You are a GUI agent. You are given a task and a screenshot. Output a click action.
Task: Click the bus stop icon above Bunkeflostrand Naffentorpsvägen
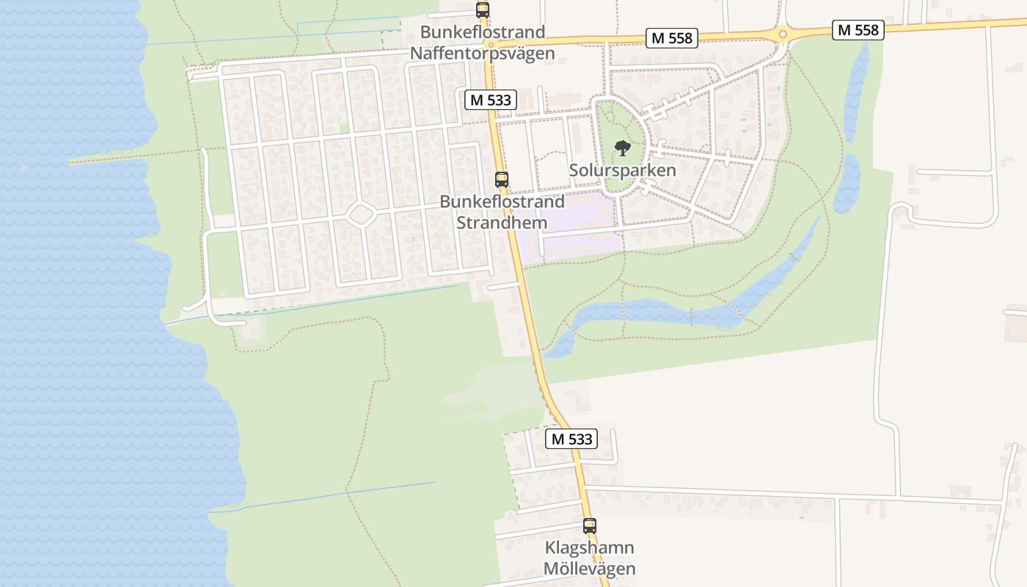coord(482,10)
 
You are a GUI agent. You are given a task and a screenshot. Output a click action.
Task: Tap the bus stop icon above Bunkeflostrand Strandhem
coord(502,179)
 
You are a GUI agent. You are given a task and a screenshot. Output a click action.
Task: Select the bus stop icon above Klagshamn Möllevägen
coord(590,525)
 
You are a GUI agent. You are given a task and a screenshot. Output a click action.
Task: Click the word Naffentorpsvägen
coord(482,53)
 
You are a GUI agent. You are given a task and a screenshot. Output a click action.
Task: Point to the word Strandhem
coord(502,222)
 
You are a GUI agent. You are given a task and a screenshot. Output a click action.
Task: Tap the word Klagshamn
coord(589,548)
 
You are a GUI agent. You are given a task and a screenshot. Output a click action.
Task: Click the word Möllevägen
coord(589,569)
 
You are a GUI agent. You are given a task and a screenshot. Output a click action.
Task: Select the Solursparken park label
coord(622,170)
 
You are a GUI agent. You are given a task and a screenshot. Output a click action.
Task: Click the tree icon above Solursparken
coord(622,148)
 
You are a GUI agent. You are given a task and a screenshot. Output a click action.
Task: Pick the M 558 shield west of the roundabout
coord(671,38)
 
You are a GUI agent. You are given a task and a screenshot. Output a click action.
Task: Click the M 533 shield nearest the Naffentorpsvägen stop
coord(491,100)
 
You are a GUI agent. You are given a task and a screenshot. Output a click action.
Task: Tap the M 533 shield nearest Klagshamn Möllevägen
coord(571,439)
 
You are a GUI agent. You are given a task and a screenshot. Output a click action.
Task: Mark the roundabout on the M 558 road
coord(783,34)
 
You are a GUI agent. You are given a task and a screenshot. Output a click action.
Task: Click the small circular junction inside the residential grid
coord(360,214)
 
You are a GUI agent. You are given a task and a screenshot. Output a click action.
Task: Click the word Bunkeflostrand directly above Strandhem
coord(502,201)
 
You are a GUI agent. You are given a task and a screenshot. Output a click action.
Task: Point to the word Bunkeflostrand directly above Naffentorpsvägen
coord(482,32)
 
